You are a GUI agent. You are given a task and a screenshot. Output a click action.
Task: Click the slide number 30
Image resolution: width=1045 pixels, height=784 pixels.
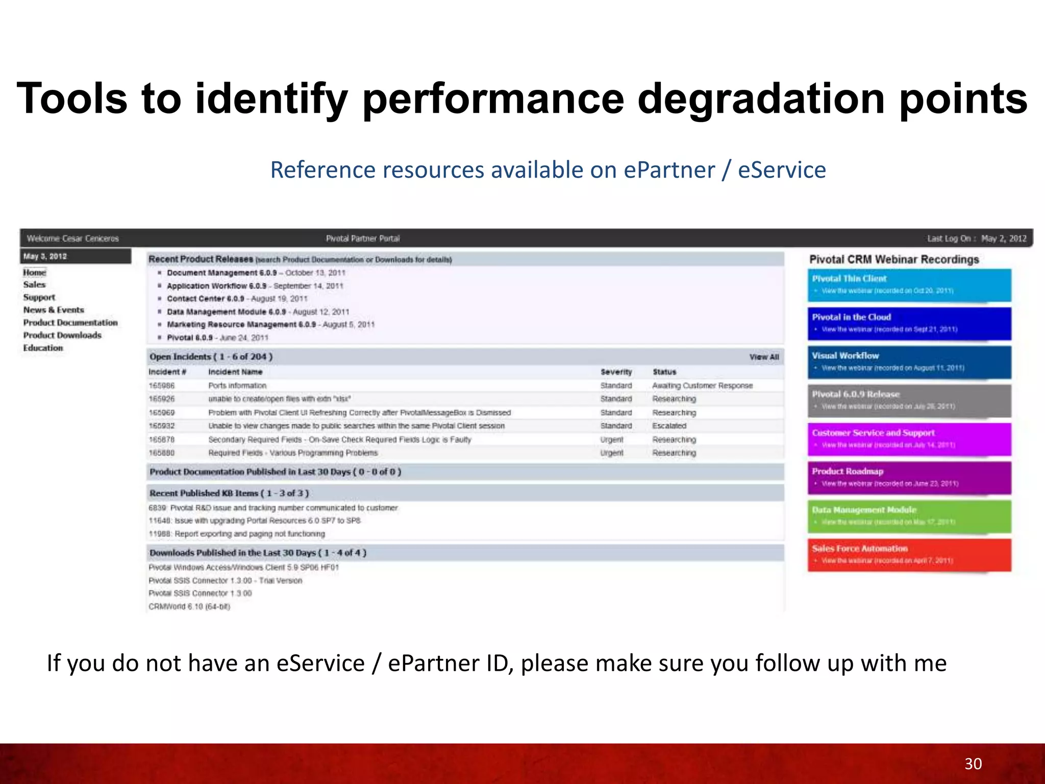tap(973, 764)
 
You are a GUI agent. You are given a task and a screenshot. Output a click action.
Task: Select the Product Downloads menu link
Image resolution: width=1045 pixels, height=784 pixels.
tap(62, 335)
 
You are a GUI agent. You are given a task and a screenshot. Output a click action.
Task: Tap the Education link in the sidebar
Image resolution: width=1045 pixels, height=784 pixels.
tap(43, 348)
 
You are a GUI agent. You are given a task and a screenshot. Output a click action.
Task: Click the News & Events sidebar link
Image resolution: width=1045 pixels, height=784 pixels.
tap(54, 310)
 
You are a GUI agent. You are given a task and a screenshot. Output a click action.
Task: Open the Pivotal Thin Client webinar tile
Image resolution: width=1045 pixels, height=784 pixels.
tap(909, 284)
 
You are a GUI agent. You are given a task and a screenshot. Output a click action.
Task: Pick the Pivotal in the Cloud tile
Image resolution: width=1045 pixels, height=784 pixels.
tap(909, 323)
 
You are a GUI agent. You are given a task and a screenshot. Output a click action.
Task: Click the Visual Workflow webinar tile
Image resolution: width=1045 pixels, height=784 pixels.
tap(909, 361)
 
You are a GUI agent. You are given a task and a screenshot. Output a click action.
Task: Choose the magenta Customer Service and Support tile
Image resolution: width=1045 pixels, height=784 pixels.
tap(909, 439)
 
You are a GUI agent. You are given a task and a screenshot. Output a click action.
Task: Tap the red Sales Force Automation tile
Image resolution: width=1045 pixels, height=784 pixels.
tap(909, 554)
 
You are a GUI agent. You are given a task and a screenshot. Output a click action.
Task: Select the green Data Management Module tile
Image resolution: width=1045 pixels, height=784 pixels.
tap(909, 516)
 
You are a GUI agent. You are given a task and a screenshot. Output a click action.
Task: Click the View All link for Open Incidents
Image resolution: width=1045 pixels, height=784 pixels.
tap(764, 357)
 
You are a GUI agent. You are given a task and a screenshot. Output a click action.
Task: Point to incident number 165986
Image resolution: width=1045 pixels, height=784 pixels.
tap(162, 386)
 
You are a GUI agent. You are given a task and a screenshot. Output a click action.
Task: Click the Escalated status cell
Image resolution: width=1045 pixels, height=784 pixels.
tap(669, 426)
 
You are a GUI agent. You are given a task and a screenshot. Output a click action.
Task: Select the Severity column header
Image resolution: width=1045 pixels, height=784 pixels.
tap(616, 372)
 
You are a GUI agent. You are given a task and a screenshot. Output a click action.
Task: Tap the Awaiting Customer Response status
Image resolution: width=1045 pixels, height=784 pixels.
tap(702, 386)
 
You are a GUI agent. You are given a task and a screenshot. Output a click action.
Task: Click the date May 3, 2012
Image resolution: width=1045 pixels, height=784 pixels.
tap(45, 256)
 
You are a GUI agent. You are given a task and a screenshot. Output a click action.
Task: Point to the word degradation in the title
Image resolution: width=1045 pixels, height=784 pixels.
tap(761, 99)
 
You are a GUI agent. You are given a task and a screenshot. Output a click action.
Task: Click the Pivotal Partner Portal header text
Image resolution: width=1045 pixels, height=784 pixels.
tap(363, 238)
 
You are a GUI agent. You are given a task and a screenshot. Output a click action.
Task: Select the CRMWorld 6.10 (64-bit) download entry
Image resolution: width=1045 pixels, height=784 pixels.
tap(189, 607)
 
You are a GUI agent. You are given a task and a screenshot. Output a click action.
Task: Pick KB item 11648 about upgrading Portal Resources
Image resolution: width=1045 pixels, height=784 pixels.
tap(255, 521)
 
